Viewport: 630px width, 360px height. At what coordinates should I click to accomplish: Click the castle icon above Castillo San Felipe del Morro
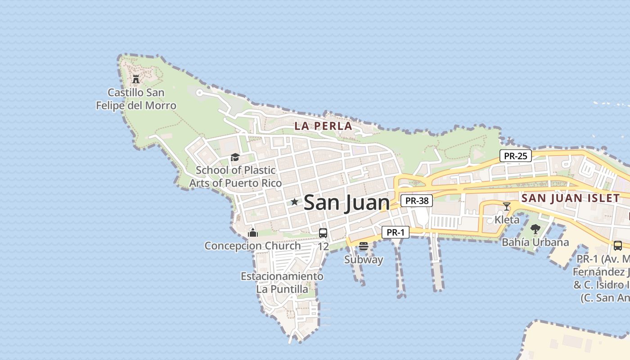(x=135, y=80)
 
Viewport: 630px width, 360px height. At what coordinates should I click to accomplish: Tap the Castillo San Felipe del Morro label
(x=136, y=99)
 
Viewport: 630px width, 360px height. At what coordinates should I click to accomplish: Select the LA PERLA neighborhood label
(x=323, y=126)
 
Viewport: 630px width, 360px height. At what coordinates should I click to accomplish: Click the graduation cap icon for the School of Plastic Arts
(x=235, y=157)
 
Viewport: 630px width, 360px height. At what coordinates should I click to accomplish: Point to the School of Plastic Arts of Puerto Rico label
(x=235, y=176)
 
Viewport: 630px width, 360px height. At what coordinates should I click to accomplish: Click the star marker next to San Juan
(x=294, y=202)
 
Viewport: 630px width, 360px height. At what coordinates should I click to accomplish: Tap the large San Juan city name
(x=346, y=202)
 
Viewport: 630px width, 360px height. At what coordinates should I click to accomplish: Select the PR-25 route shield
(x=515, y=156)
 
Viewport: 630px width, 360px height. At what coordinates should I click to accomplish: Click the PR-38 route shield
(x=416, y=201)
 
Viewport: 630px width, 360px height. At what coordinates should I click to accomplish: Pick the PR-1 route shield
(x=396, y=233)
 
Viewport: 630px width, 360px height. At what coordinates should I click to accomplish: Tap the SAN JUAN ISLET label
(x=570, y=198)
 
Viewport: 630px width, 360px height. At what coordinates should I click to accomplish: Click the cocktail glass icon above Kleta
(x=507, y=207)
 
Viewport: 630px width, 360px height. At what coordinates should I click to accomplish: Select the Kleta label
(x=507, y=220)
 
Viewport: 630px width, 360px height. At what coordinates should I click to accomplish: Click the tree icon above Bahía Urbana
(x=535, y=229)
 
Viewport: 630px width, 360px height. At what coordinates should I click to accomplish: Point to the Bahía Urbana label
(x=535, y=242)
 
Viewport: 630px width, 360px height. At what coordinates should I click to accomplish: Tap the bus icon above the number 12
(x=323, y=233)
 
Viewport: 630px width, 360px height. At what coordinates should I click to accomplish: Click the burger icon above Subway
(x=364, y=246)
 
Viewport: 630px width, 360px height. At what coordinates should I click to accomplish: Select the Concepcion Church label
(x=252, y=246)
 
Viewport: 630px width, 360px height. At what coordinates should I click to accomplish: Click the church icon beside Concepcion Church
(x=253, y=233)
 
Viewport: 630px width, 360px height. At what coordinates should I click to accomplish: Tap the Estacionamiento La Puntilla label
(x=282, y=283)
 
